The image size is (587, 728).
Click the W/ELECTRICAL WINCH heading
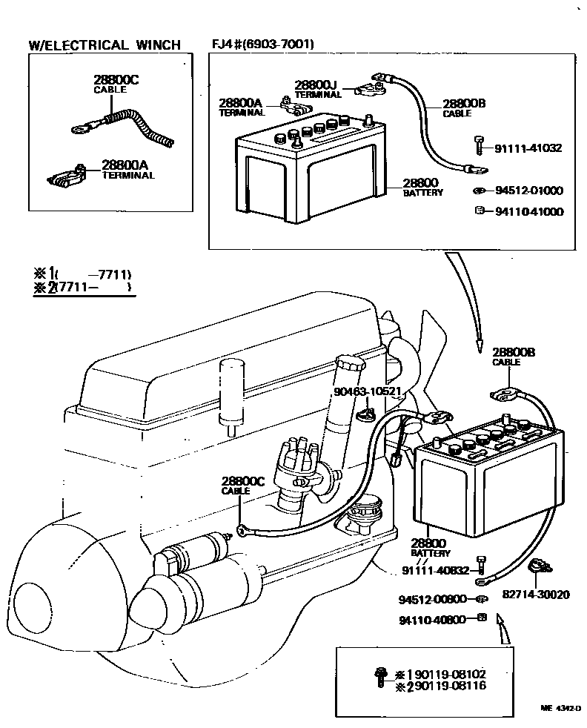point(104,45)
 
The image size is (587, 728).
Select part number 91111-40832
point(436,570)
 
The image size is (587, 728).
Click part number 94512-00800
point(434,599)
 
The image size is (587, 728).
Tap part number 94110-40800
point(434,620)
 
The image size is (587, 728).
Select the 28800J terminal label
point(316,85)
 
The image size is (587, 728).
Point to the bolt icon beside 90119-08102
point(382,675)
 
